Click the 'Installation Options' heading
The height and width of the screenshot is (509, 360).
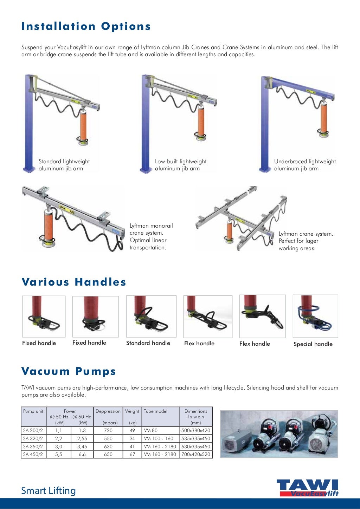click(x=86, y=26)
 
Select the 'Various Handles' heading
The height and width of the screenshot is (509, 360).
click(x=74, y=282)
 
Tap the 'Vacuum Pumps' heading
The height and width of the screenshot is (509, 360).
click(x=69, y=371)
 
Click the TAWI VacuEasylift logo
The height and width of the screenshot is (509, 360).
click(x=307, y=488)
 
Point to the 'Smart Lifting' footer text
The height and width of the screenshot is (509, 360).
click(x=49, y=490)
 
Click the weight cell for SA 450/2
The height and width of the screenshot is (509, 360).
click(x=132, y=454)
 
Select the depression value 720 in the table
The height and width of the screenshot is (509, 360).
click(x=108, y=430)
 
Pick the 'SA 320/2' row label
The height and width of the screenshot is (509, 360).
click(x=33, y=438)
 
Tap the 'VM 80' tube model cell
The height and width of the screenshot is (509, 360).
click(x=150, y=430)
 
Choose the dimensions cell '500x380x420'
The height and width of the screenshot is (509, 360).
click(x=196, y=430)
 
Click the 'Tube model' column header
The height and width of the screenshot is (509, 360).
click(x=155, y=411)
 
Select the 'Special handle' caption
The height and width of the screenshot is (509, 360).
click(x=313, y=344)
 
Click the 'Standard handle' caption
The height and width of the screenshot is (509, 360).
click(x=148, y=343)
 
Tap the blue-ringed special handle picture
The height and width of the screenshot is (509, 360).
click(x=315, y=316)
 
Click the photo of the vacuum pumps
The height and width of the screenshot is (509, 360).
click(x=279, y=434)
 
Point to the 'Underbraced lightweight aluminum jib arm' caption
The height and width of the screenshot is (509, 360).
click(x=305, y=165)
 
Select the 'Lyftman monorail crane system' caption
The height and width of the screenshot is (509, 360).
click(x=151, y=236)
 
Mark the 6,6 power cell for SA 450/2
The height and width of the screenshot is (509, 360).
click(x=82, y=454)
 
